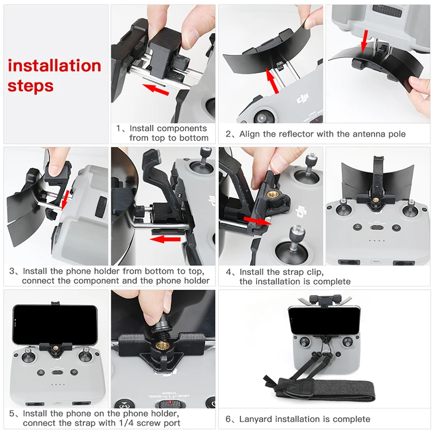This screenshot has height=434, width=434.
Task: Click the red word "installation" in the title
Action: [x=55, y=66]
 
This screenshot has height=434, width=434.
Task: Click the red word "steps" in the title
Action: [x=30, y=86]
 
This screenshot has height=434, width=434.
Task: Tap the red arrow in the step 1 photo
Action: [x=156, y=89]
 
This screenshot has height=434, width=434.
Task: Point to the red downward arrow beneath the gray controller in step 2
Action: [x=365, y=41]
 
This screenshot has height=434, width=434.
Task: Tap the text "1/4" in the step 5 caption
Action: [x=126, y=423]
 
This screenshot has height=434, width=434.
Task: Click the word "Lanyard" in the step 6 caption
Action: [x=254, y=419]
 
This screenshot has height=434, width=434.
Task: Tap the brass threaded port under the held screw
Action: [x=161, y=346]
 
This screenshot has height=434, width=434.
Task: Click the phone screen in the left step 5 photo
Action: [x=55, y=324]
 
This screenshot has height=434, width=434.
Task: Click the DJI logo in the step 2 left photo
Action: [x=303, y=99]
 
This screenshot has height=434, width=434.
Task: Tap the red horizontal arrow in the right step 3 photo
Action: [x=166, y=239]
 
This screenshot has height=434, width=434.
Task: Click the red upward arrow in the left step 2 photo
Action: [x=272, y=81]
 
